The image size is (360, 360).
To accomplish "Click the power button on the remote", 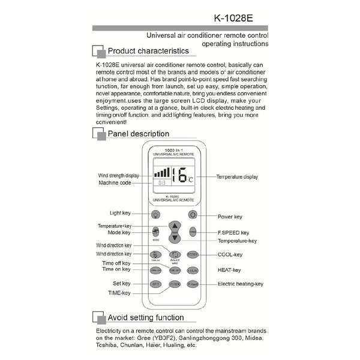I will coord(193,214).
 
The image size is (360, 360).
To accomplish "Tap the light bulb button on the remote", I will coord(156,214).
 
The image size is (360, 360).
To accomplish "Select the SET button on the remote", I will coord(155,283).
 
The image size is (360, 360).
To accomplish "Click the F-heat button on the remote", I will coord(193,283).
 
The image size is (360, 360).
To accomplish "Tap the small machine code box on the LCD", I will coord(160,183).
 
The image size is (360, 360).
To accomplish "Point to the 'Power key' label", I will coord(229,216).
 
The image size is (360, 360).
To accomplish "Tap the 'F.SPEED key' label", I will coord(233,232).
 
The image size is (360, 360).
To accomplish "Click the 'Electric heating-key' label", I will coord(240,283).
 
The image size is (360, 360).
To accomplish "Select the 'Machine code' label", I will coord(115,183).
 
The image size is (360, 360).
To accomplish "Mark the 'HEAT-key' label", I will coord(229,270).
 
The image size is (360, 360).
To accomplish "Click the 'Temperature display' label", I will coord(237,177).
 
